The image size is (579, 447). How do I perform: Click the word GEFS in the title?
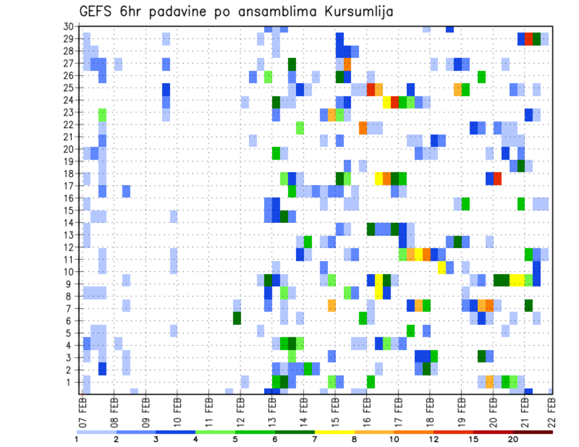(x=98, y=12)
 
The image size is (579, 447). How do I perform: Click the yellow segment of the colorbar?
(x=335, y=432)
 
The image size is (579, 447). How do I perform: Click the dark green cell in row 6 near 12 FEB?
(x=237, y=317)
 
